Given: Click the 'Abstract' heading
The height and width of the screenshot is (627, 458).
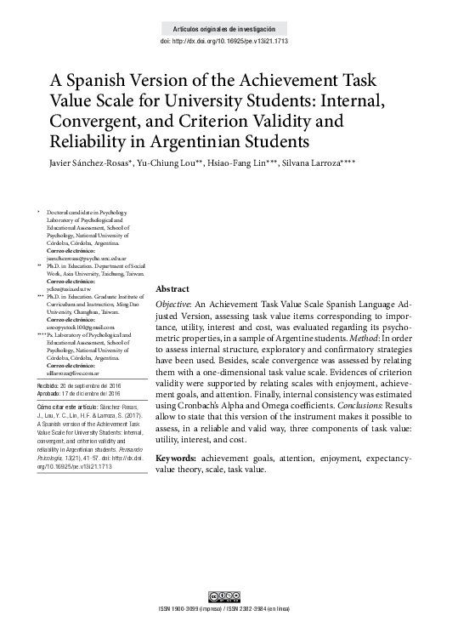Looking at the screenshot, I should pos(173,289).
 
